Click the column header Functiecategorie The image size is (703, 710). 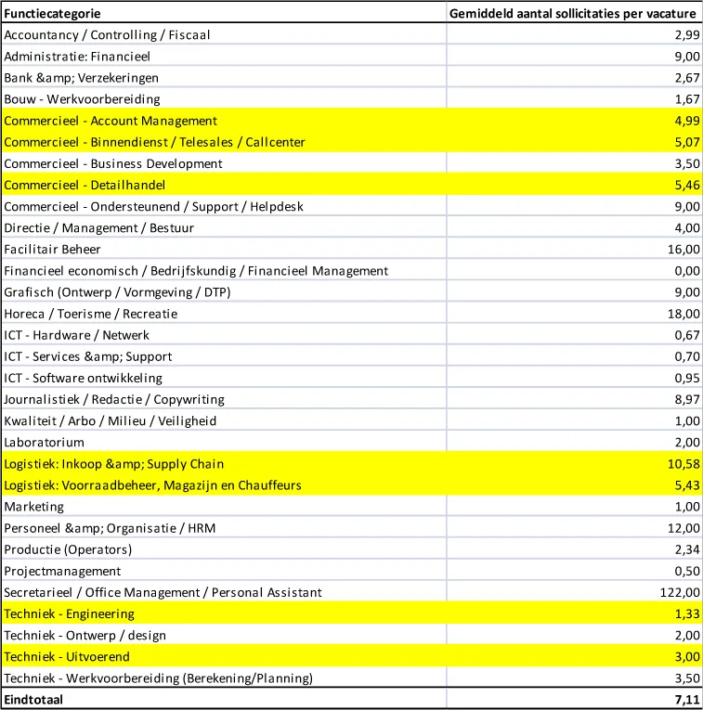[x=53, y=14]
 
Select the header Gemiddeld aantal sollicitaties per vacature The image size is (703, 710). [x=571, y=14]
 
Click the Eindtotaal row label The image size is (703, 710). [x=33, y=700]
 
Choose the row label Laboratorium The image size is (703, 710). [x=44, y=442]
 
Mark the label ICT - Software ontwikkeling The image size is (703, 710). [x=83, y=378]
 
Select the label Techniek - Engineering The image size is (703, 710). [x=70, y=613]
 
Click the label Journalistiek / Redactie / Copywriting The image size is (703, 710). [x=114, y=399]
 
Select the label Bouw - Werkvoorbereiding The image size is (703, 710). [x=82, y=99]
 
